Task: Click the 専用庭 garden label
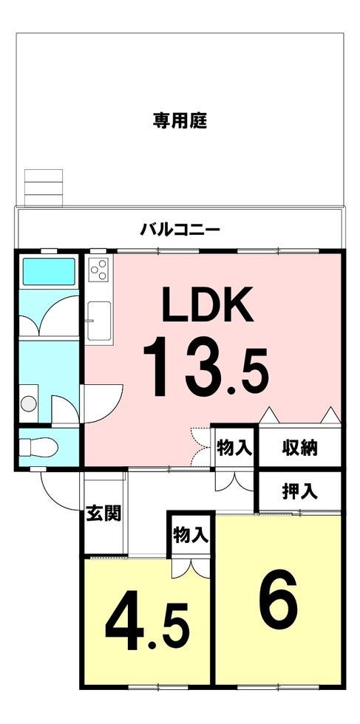(x=180, y=121)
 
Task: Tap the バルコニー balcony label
(x=180, y=229)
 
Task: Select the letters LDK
(x=208, y=304)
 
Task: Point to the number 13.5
(x=206, y=366)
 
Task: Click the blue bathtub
(x=49, y=272)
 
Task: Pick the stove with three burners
(x=98, y=270)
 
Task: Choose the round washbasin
(x=29, y=403)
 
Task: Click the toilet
(x=39, y=447)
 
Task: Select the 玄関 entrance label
(x=103, y=513)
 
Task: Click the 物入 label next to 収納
(x=234, y=447)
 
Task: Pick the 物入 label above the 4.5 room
(x=191, y=535)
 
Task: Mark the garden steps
(x=44, y=188)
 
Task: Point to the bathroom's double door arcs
(x=50, y=314)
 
